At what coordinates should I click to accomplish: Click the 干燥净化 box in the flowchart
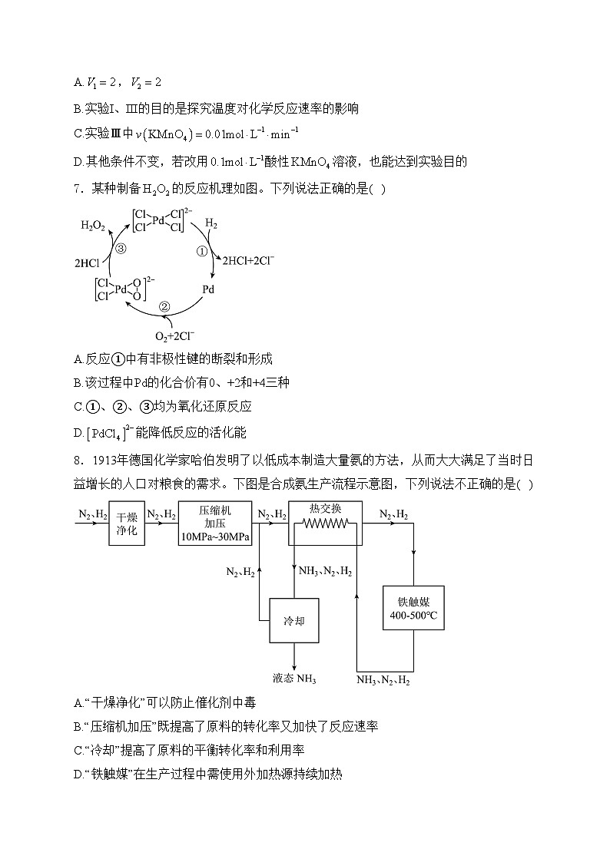pos(127,523)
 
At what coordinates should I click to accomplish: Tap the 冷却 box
pos(294,620)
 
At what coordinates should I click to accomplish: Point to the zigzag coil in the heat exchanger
pos(325,524)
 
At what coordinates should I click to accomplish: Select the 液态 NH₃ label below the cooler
pos(294,679)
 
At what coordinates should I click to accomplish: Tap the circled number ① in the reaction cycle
pos(204,251)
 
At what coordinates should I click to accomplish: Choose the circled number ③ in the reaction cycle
pos(121,248)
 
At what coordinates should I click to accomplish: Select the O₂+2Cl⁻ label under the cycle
pos(175,336)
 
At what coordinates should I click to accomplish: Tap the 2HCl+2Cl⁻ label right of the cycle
pos(248,261)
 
